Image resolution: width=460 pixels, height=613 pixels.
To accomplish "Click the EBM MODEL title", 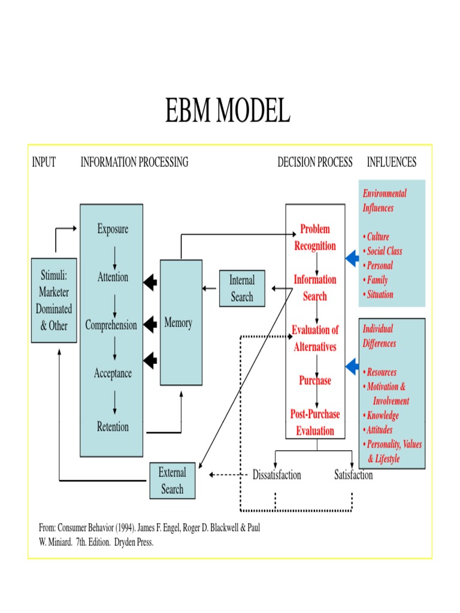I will point(228,111).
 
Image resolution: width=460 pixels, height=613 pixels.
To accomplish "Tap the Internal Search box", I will point(242,289).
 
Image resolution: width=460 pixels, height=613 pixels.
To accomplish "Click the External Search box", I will point(172,481).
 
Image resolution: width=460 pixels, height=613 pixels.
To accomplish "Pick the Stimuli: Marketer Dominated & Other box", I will point(54,301).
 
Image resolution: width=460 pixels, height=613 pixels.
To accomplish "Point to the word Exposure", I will point(113,229).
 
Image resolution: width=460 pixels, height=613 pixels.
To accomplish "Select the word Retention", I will point(113,427).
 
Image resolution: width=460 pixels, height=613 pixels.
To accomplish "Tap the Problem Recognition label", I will point(315,238).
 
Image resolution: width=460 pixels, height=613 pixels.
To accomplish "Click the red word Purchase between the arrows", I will point(315,381).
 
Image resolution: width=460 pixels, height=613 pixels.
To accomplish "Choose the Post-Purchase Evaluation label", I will point(315,423).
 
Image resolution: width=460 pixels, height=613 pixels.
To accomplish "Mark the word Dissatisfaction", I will point(277,475).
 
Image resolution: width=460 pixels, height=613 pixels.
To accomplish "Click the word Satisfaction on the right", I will point(353,475).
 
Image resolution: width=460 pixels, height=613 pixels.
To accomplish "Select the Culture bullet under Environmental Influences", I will point(377,237).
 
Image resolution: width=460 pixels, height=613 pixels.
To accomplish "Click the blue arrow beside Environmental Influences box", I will point(352,259).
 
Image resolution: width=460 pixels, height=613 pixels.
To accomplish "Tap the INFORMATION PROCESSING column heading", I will point(134,162).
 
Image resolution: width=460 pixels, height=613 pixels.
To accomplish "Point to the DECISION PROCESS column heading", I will point(315,162).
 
